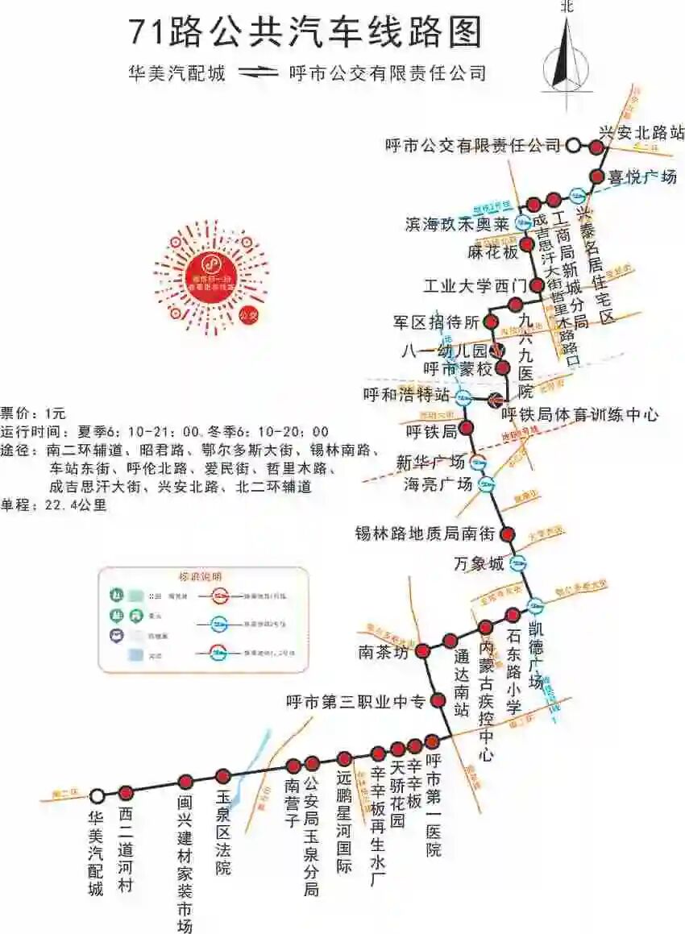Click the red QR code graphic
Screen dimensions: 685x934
point(211,275)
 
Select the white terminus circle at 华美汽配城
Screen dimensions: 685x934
point(98,796)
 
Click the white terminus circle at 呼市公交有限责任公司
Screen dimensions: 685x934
point(573,146)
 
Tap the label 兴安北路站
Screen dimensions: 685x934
point(641,131)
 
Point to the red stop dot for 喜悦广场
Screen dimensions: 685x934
point(597,176)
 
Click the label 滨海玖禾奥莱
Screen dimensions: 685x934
point(457,224)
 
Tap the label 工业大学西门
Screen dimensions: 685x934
point(475,286)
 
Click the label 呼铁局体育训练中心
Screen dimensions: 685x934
point(579,415)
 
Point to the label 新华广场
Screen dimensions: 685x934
point(430,463)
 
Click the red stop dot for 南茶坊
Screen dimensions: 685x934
point(423,650)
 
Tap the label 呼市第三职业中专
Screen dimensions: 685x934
point(355,702)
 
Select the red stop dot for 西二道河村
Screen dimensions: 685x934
point(126,792)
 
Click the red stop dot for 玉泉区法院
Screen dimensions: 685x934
point(223,776)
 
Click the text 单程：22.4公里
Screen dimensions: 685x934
point(54,505)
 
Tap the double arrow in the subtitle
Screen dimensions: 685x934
point(257,73)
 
